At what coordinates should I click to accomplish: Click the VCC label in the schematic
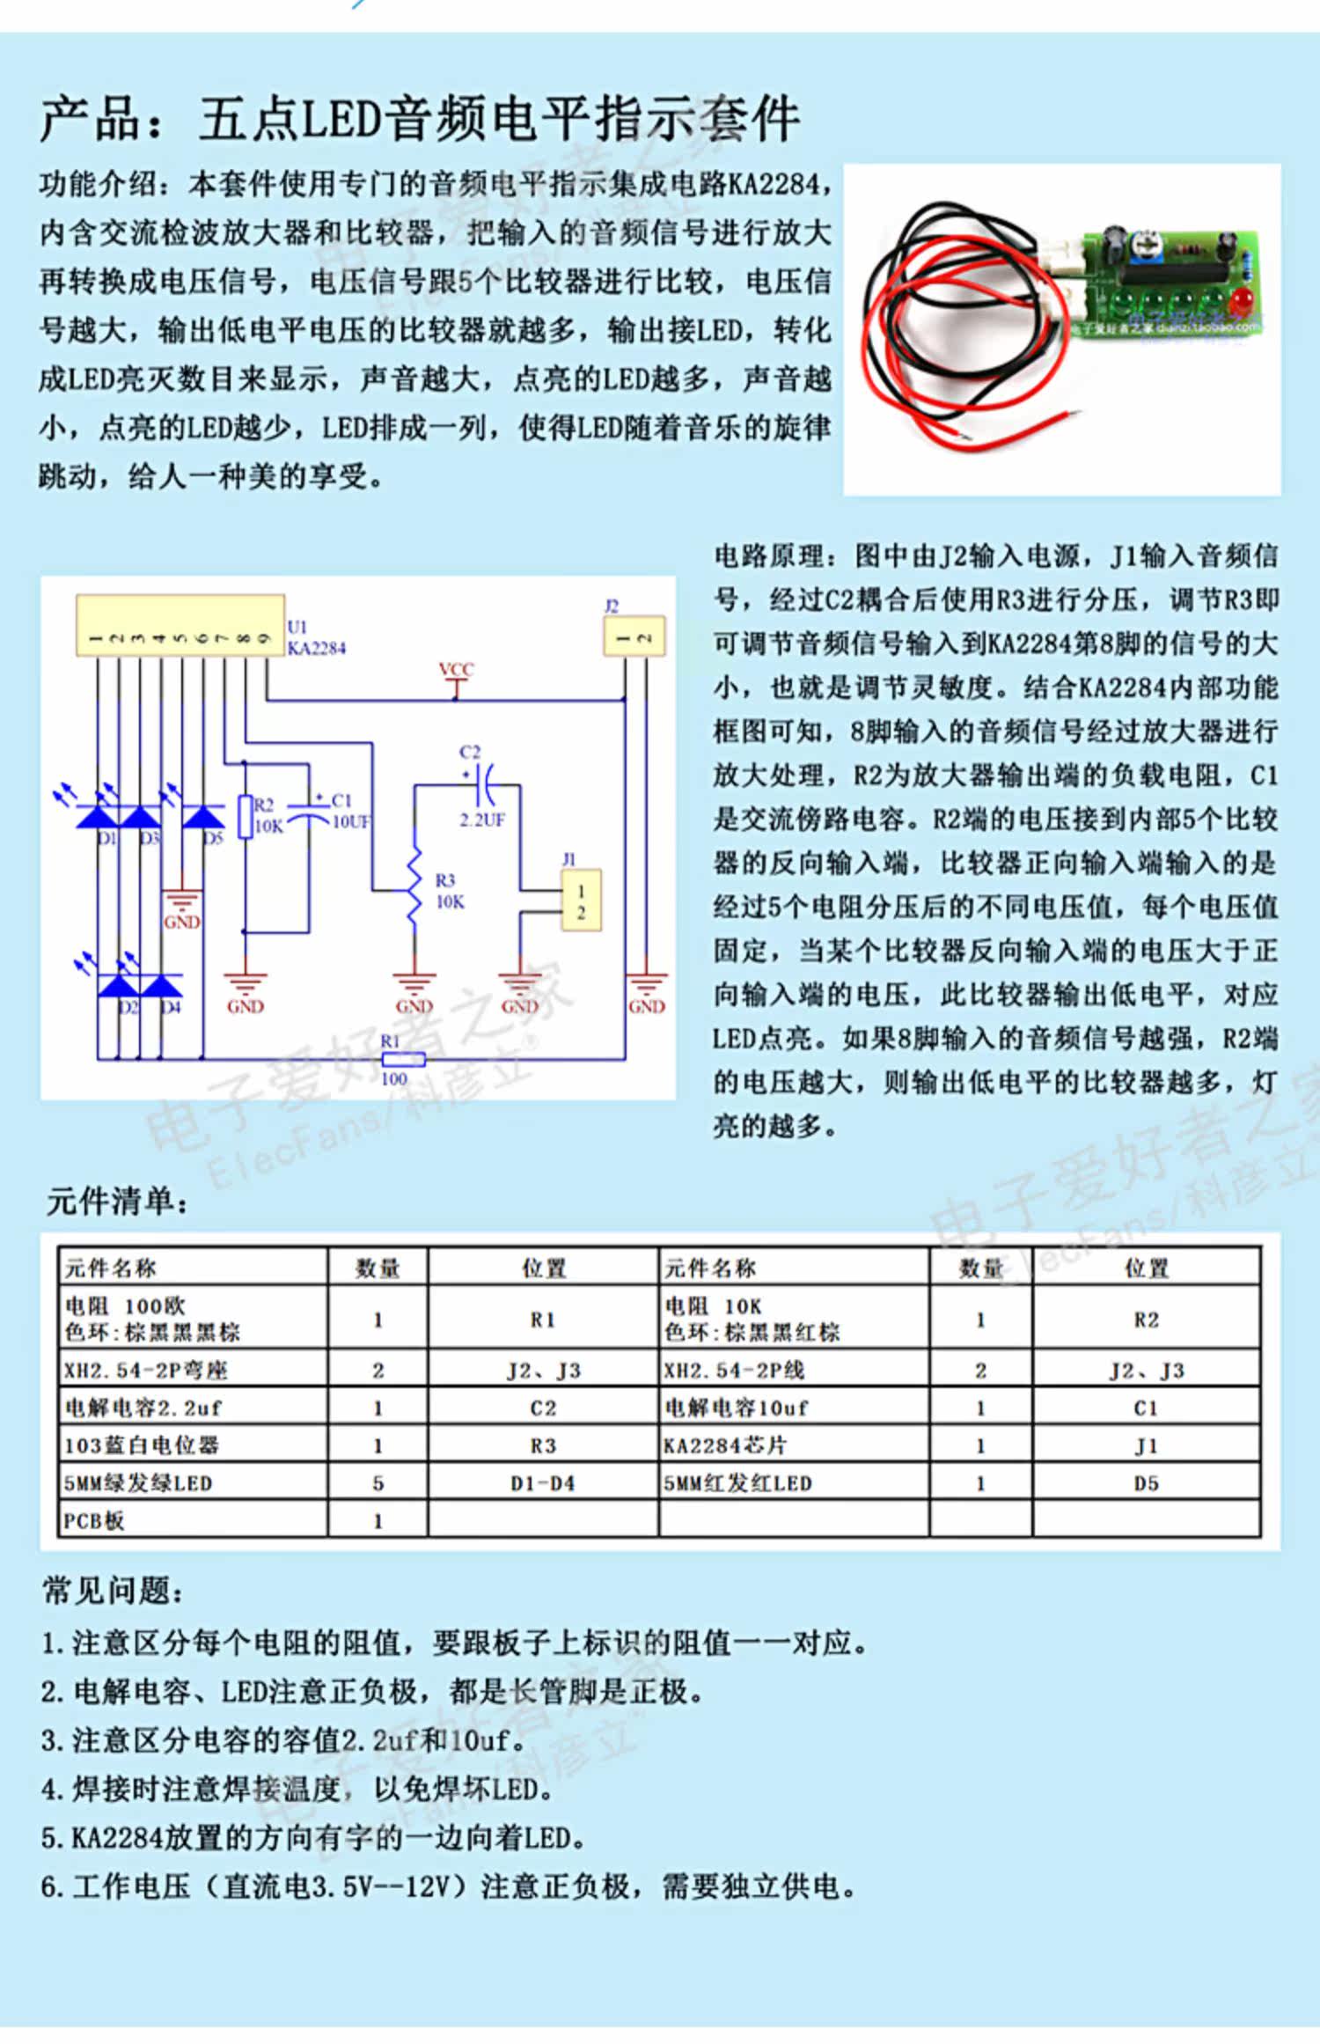click(456, 670)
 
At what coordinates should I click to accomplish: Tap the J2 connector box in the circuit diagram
click(634, 636)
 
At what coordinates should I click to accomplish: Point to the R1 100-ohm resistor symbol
click(404, 1059)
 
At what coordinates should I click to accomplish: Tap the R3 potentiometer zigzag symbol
click(414, 887)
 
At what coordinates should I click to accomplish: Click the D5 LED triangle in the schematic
click(203, 817)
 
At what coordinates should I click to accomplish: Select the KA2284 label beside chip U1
click(317, 649)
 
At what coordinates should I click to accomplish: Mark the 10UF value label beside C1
click(351, 822)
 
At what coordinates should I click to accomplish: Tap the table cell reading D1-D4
click(543, 1483)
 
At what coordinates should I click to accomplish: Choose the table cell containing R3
click(543, 1445)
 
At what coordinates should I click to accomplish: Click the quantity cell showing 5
click(378, 1483)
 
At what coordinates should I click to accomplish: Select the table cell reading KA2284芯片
click(726, 1445)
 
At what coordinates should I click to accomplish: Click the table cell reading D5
click(1146, 1483)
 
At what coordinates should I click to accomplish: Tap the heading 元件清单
click(117, 1201)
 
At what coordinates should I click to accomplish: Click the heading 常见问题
click(114, 1591)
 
